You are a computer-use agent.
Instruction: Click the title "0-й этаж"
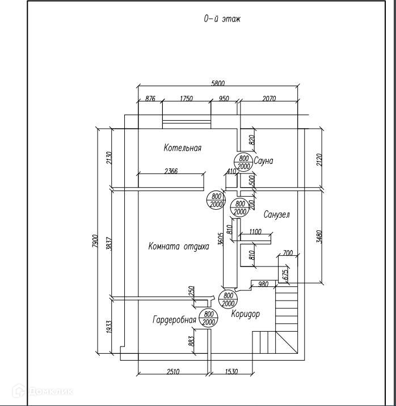click(x=222, y=19)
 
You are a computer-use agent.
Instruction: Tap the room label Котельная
click(x=182, y=148)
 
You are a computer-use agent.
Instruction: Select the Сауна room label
click(x=263, y=161)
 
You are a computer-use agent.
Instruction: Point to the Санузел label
click(x=277, y=214)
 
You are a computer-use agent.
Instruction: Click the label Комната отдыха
click(x=179, y=246)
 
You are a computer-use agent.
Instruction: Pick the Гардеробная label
click(x=174, y=320)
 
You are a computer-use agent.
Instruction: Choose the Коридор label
click(x=245, y=314)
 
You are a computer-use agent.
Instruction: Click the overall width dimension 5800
click(x=218, y=83)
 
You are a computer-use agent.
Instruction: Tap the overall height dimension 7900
click(x=95, y=242)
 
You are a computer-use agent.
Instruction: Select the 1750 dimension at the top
click(x=187, y=99)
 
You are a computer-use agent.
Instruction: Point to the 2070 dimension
click(x=269, y=99)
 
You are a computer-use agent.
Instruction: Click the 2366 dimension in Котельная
click(x=171, y=171)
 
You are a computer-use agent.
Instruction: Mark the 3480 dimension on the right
click(x=319, y=236)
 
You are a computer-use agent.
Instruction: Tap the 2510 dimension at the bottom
click(x=173, y=371)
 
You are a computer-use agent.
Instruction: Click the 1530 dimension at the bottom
click(x=231, y=371)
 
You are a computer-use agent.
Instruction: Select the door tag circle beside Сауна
click(x=243, y=162)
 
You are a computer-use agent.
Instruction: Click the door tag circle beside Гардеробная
click(x=208, y=318)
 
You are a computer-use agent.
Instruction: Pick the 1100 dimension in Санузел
click(x=255, y=231)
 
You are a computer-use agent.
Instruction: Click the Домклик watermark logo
click(x=43, y=391)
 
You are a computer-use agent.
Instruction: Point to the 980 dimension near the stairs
click(x=263, y=284)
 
